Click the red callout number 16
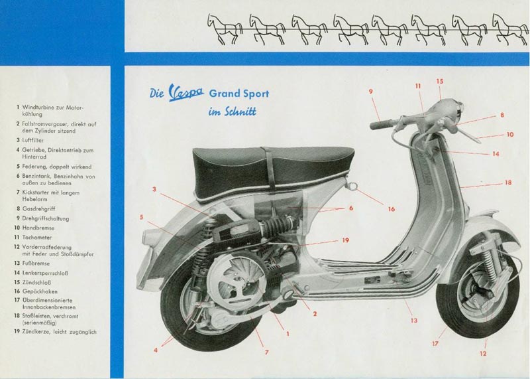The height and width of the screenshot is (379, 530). pyautogui.click(x=391, y=209)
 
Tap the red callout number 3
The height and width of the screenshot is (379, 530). pyautogui.click(x=154, y=189)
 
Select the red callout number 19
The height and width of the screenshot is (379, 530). pyautogui.click(x=345, y=240)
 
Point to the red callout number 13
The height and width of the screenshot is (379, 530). pyautogui.click(x=414, y=321)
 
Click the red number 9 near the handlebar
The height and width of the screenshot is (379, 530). pyautogui.click(x=371, y=92)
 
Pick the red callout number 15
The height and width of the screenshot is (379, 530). pyautogui.click(x=439, y=81)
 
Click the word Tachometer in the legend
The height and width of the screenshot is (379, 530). pyautogui.click(x=37, y=238)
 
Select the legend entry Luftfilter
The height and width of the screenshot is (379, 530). pyautogui.click(x=33, y=140)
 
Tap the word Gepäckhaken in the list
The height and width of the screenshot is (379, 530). pyautogui.click(x=40, y=291)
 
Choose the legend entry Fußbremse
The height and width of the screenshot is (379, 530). pyautogui.click(x=36, y=263)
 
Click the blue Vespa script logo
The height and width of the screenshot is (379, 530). pyautogui.click(x=186, y=92)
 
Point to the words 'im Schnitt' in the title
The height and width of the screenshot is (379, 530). pyautogui.click(x=233, y=112)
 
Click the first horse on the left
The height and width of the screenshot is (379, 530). pyautogui.click(x=225, y=29)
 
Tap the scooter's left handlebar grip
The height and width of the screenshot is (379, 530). pyautogui.click(x=380, y=125)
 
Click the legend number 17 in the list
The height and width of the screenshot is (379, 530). pyautogui.click(x=17, y=300)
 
